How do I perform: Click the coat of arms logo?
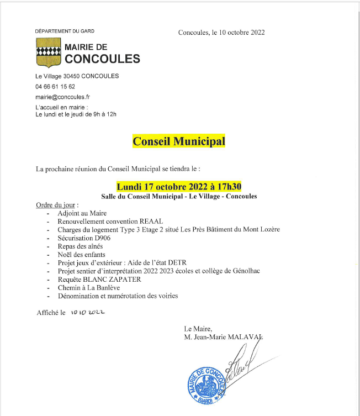point(47,53)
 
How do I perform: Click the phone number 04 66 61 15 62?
point(55,86)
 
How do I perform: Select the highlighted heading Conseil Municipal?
point(179,141)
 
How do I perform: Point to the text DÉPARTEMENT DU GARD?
point(65,31)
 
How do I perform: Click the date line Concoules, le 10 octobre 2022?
point(221,32)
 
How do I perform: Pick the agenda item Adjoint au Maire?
point(82,213)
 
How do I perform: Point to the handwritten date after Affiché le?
point(87,313)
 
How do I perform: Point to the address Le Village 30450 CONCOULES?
point(77,76)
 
